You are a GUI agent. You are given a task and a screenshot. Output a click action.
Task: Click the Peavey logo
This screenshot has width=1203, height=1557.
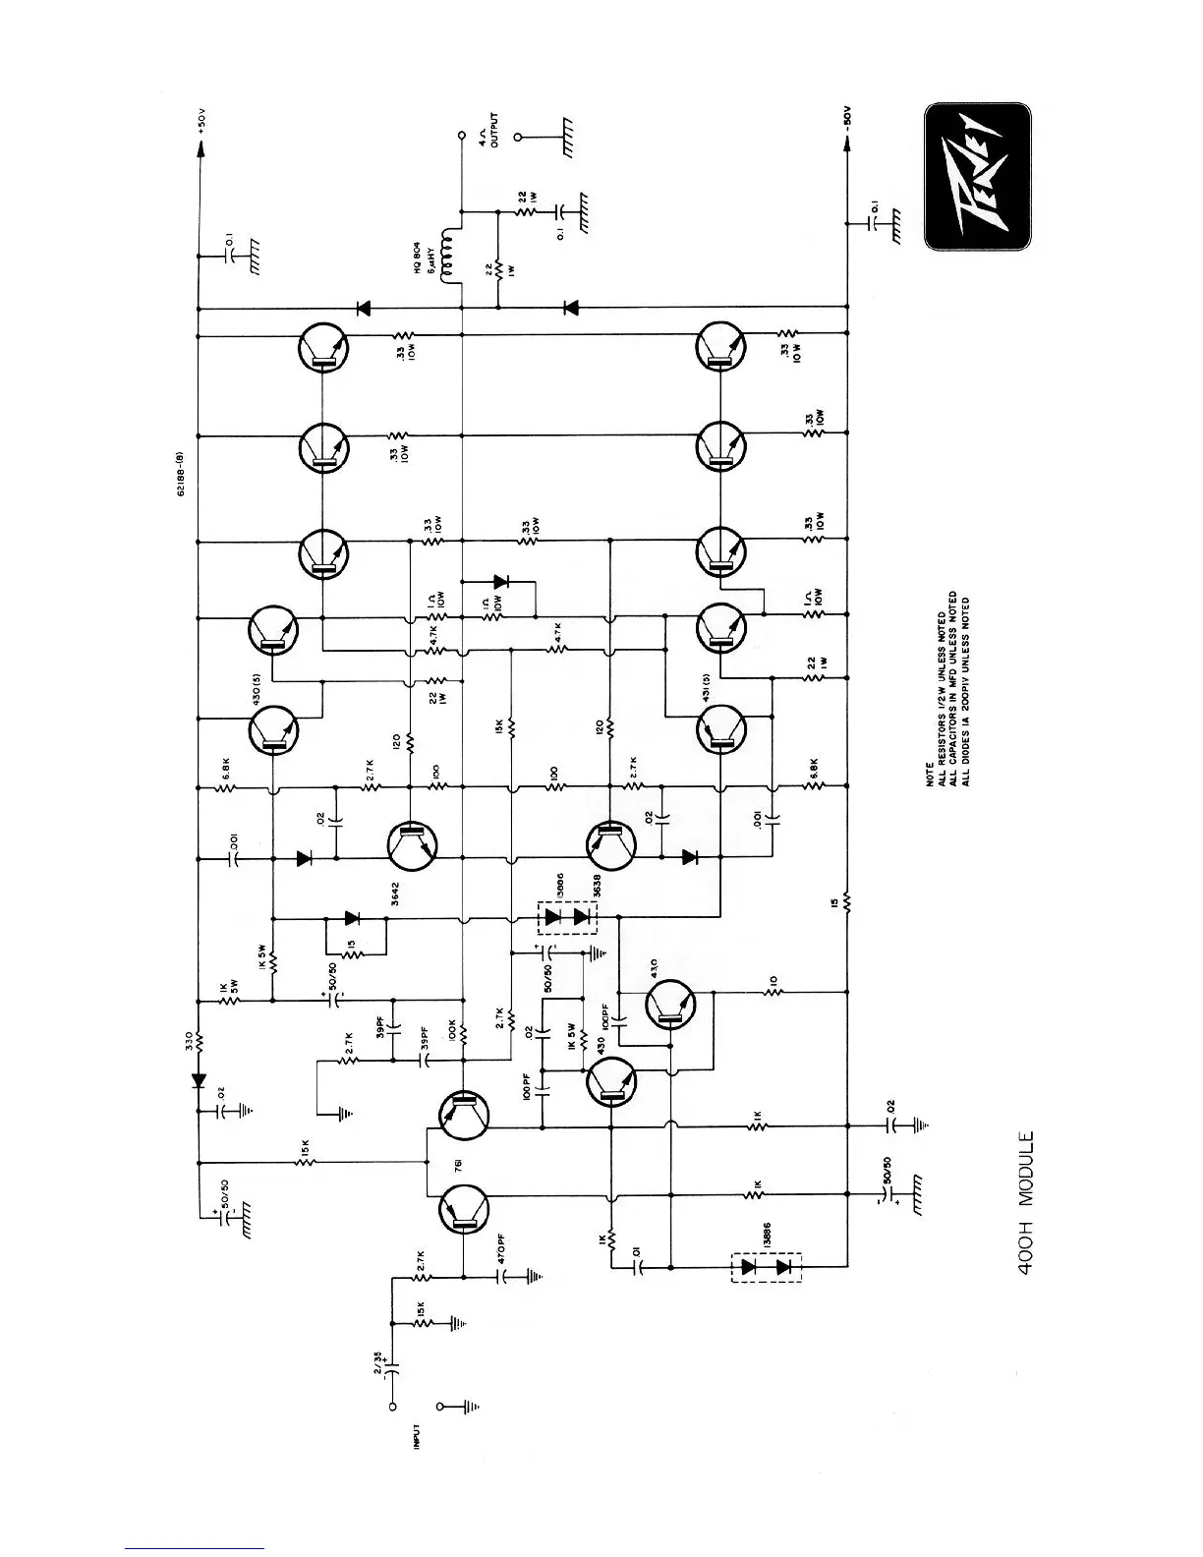click(977, 177)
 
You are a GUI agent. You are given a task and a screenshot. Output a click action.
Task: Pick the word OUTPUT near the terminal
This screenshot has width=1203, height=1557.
click(494, 130)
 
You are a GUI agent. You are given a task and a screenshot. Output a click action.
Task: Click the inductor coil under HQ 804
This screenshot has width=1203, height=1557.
click(451, 258)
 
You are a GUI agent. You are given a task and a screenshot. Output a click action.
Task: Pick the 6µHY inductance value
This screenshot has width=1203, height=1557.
click(430, 258)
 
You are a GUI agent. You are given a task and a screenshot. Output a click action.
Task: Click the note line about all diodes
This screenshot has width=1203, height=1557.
click(966, 693)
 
